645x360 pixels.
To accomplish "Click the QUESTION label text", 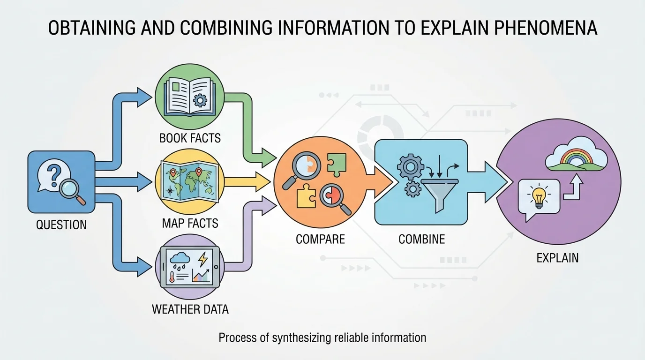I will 61,225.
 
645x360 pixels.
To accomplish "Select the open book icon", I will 189,97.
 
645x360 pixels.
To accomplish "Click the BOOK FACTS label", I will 190,138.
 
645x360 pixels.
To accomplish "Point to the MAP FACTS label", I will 190,223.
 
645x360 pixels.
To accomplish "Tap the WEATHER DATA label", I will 190,309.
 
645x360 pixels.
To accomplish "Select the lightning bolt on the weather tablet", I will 203,260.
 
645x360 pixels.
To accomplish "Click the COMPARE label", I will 320,239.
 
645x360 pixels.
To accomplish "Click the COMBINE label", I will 421,239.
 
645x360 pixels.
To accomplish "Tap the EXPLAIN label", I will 557,257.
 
